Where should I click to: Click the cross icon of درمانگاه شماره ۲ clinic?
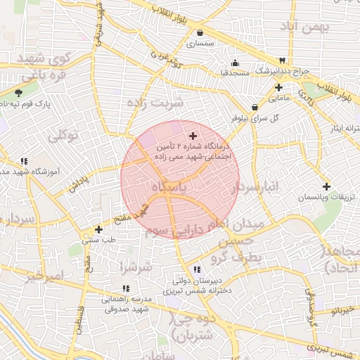tap(193, 135)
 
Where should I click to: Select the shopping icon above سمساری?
tap(200, 32)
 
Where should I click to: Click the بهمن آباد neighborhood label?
tap(309, 27)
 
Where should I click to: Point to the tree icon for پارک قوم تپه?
tap(18, 92)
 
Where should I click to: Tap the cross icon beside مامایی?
tap(279, 88)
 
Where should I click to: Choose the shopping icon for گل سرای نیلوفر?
tap(254, 107)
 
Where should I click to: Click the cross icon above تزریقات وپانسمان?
tap(326, 186)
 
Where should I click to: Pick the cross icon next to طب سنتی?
tap(98, 229)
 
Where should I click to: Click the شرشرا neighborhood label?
tap(136, 267)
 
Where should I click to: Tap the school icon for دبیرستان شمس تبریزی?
tap(196, 269)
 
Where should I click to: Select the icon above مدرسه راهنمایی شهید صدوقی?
tap(126, 288)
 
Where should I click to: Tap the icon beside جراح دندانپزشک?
tap(282, 60)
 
